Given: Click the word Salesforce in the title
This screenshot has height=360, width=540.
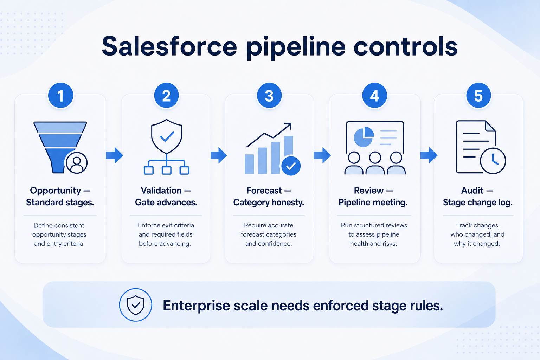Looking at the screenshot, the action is pos(169,46).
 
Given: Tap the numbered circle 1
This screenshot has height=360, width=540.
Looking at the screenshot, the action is pos(60,96).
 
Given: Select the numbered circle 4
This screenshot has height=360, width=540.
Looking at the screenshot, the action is pos(374,96).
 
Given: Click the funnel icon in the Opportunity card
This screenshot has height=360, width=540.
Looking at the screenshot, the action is pos(60,147).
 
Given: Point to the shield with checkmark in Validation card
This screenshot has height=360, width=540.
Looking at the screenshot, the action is pos(167,136).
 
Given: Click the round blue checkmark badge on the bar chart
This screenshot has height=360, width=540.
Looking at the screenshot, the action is pos(291,166).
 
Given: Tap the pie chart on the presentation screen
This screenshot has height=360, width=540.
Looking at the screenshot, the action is pos(364,137).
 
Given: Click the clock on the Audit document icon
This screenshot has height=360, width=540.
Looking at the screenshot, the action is pos(493,161).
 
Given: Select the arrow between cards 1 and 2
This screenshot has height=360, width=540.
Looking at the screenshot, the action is pos(115,155).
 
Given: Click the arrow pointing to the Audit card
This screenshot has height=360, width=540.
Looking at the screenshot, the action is pos(429,155).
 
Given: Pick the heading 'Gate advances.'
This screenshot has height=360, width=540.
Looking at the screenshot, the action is pos(166,202).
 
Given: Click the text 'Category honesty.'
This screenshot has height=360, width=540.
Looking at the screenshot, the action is pos(269,202).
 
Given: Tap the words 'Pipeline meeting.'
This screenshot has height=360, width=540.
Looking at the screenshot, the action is pos(373,202).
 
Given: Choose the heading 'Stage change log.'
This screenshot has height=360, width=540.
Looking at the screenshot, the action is pos(478,202).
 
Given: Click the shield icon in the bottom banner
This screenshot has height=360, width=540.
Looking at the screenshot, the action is pos(136,305).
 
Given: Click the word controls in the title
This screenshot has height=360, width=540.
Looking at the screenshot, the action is pos(405,46).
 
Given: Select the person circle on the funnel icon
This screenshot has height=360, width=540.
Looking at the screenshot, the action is pos(77,163).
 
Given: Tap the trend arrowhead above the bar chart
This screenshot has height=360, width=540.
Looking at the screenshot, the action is pos(288,126).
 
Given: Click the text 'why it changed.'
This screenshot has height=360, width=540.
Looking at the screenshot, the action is pos(477,244).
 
